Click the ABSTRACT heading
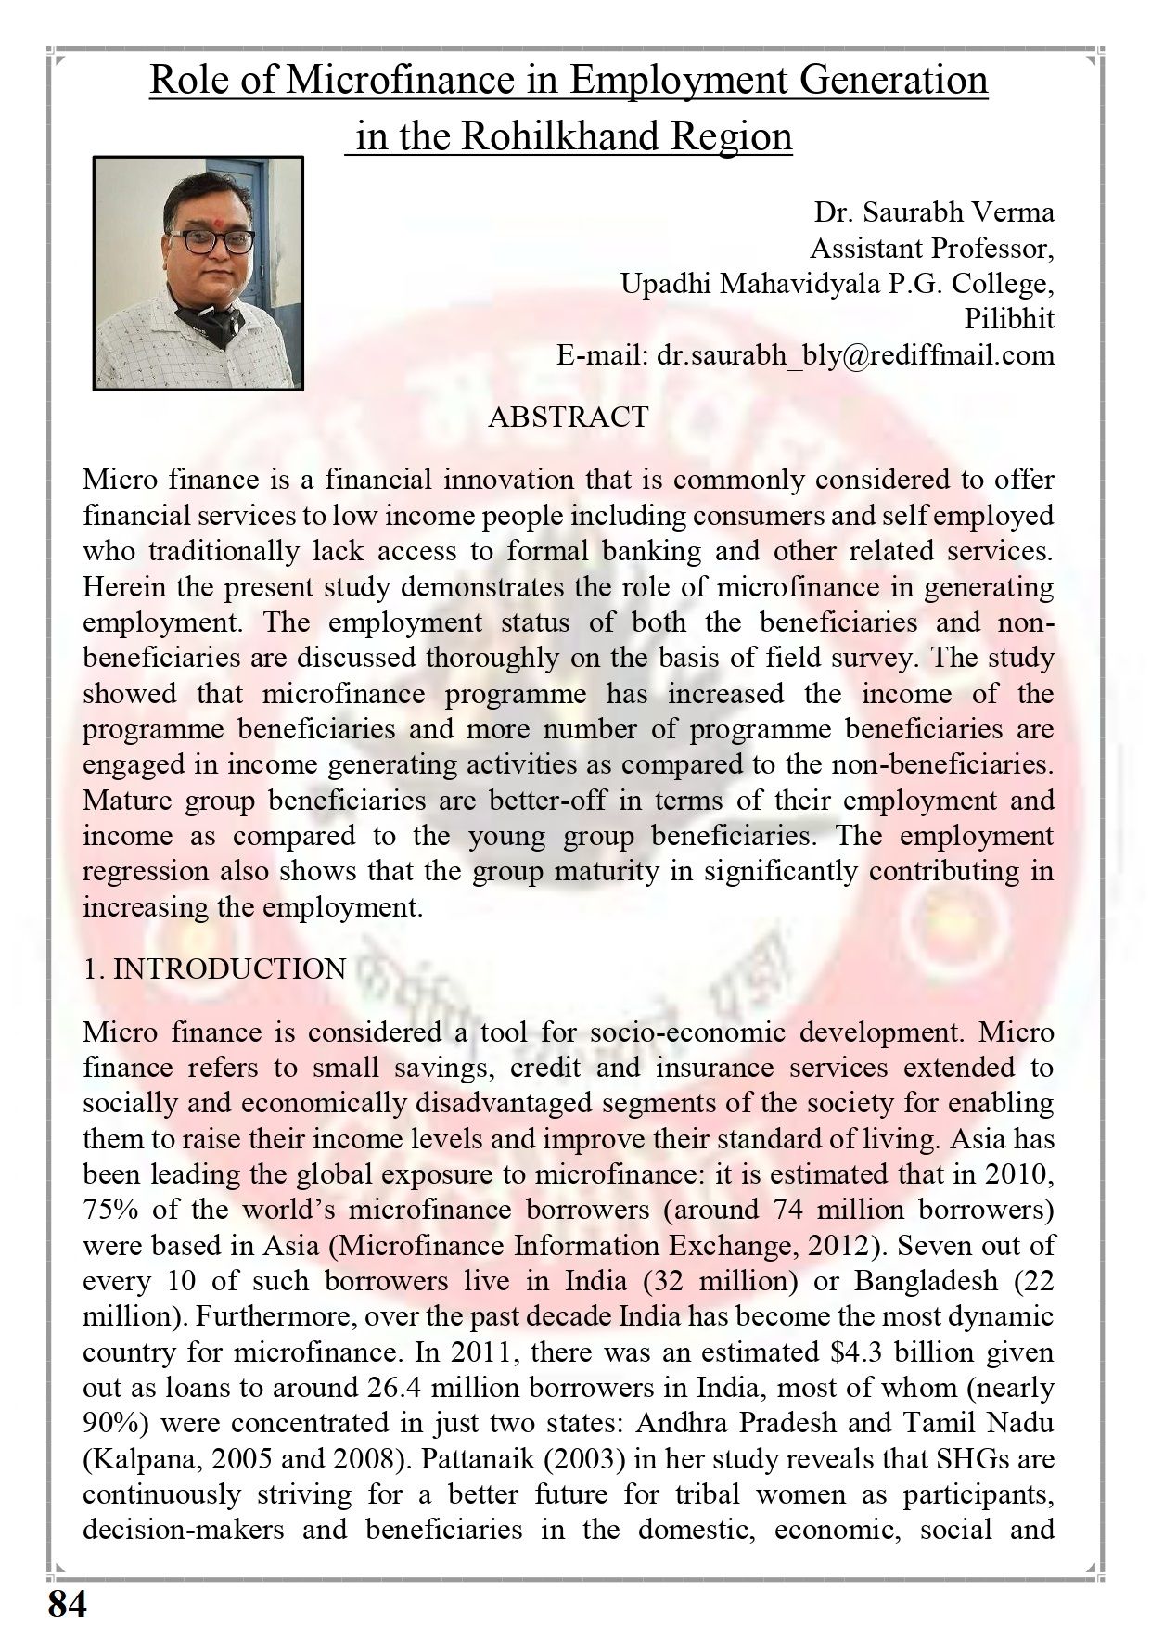pos(568,417)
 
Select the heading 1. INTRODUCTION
pos(214,969)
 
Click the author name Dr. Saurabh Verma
pos(934,212)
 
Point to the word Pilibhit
pos(1009,320)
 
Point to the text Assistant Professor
pos(932,249)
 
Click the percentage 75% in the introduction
pos(105,1211)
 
